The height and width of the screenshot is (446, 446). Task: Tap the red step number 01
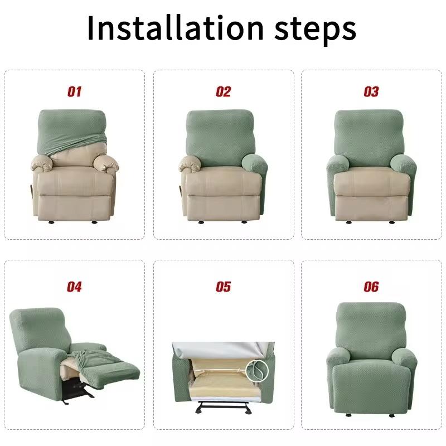tap(74, 92)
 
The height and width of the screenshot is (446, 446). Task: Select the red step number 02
tap(223, 92)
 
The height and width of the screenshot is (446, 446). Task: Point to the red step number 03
tap(371, 92)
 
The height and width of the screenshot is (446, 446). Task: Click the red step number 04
tap(74, 287)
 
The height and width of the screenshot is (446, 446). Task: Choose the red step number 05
tap(223, 287)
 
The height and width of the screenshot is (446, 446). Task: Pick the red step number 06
tap(371, 287)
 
